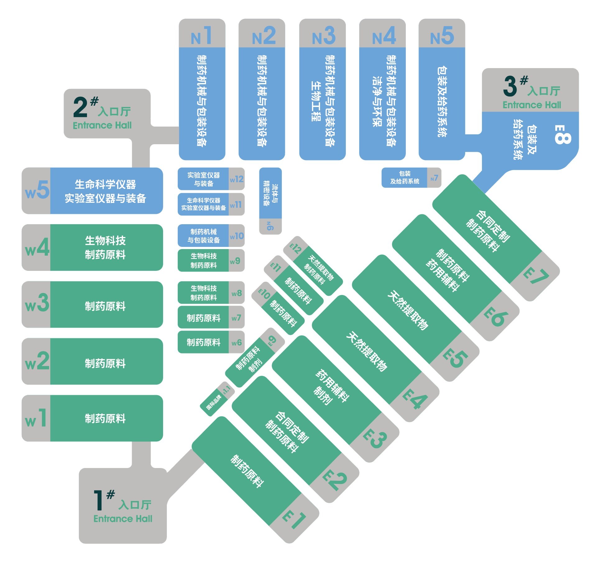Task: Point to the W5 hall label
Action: (37, 190)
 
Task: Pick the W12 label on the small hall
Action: (236, 179)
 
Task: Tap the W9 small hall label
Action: (235, 261)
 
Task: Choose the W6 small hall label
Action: (236, 342)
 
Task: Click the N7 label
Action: (434, 178)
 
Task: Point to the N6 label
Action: (270, 226)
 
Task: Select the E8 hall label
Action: (562, 135)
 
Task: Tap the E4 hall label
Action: (415, 400)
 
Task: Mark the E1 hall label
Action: (294, 520)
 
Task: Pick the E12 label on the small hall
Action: (296, 248)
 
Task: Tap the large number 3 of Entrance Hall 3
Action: (510, 86)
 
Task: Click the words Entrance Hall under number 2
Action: (102, 125)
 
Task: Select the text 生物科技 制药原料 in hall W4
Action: (105, 248)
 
